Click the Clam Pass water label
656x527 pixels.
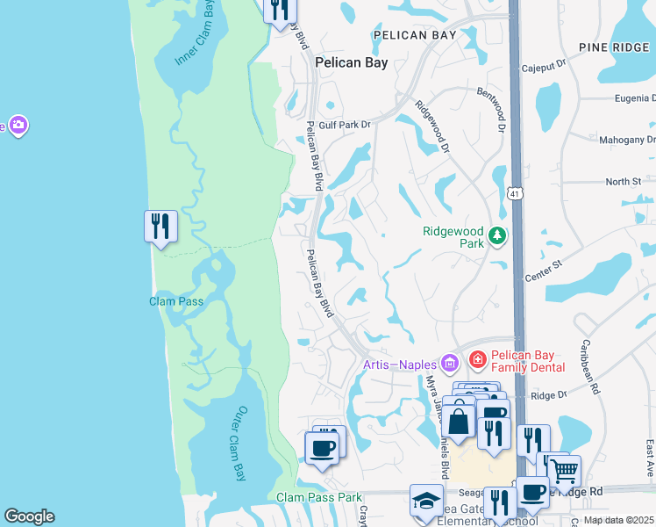pyautogui.click(x=175, y=301)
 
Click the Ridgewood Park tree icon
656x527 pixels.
pyautogui.click(x=497, y=235)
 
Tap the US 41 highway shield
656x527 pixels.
pyautogui.click(x=515, y=191)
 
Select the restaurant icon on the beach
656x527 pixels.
pyautogui.click(x=160, y=227)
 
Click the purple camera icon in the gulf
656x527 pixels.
pyautogui.click(x=18, y=126)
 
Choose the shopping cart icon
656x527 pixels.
pyautogui.click(x=564, y=471)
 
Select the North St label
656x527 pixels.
pyautogui.click(x=624, y=182)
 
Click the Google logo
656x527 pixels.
pyautogui.click(x=29, y=516)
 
